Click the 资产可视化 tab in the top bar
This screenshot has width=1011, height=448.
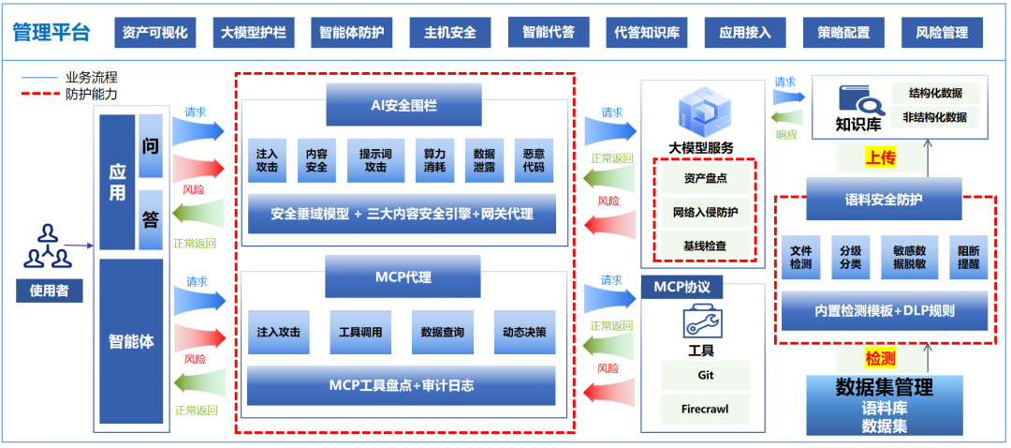[154, 33]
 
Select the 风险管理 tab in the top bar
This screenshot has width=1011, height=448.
[942, 33]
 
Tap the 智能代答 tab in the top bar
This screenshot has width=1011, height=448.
[549, 33]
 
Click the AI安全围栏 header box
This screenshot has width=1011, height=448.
[403, 105]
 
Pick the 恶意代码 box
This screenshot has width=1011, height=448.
[534, 160]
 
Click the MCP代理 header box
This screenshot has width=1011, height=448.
[403, 277]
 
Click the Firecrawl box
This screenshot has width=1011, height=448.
[705, 409]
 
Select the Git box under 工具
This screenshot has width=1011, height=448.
[705, 375]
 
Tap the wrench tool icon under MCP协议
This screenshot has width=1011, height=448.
[700, 322]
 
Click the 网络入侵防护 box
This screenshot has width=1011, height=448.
[705, 212]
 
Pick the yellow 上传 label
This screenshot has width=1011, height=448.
[880, 157]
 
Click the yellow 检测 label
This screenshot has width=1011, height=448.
[880, 358]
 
